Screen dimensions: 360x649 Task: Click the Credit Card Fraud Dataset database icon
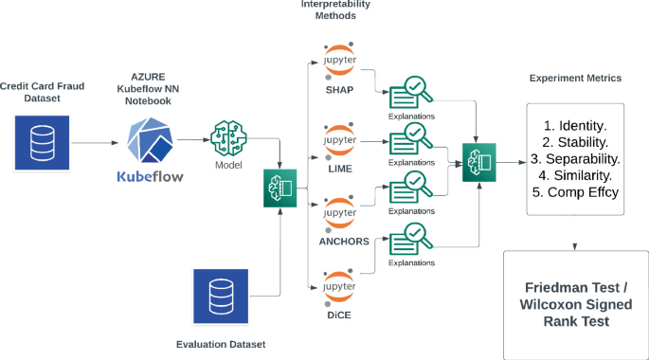pyautogui.click(x=42, y=143)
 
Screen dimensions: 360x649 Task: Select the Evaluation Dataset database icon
pyautogui.click(x=221, y=296)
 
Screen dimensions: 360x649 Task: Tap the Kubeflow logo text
pyautogui.click(x=150, y=176)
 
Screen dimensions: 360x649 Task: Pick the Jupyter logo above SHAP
pyautogui.click(x=338, y=57)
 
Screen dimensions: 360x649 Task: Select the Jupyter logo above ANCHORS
pyautogui.click(x=338, y=209)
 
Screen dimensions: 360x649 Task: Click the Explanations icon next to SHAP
pyautogui.click(x=410, y=92)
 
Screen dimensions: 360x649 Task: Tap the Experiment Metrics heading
pyautogui.click(x=576, y=78)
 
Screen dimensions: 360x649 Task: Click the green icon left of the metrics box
pyautogui.click(x=478, y=162)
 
